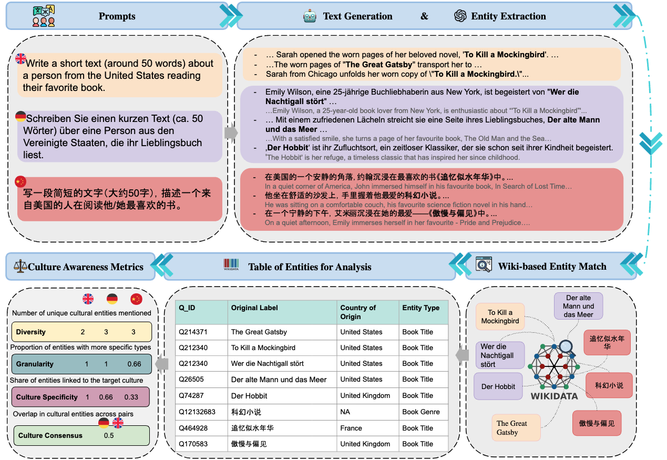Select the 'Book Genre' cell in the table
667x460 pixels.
click(x=421, y=412)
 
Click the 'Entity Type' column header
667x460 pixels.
click(x=420, y=308)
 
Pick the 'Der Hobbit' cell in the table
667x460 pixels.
click(x=249, y=396)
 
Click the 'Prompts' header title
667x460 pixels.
click(x=117, y=16)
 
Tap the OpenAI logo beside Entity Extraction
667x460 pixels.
click(x=460, y=16)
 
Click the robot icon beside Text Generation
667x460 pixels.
click(x=310, y=16)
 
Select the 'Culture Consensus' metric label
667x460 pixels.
click(x=50, y=435)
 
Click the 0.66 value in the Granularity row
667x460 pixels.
click(x=134, y=364)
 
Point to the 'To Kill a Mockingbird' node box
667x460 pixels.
click(x=500, y=316)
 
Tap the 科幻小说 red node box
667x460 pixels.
click(x=609, y=385)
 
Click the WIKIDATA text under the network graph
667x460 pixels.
click(x=553, y=396)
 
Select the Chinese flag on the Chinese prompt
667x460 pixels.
click(x=20, y=181)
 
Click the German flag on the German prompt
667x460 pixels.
click(x=20, y=116)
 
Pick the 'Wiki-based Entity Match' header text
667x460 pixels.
click(x=552, y=267)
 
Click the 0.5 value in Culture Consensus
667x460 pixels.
click(x=109, y=435)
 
